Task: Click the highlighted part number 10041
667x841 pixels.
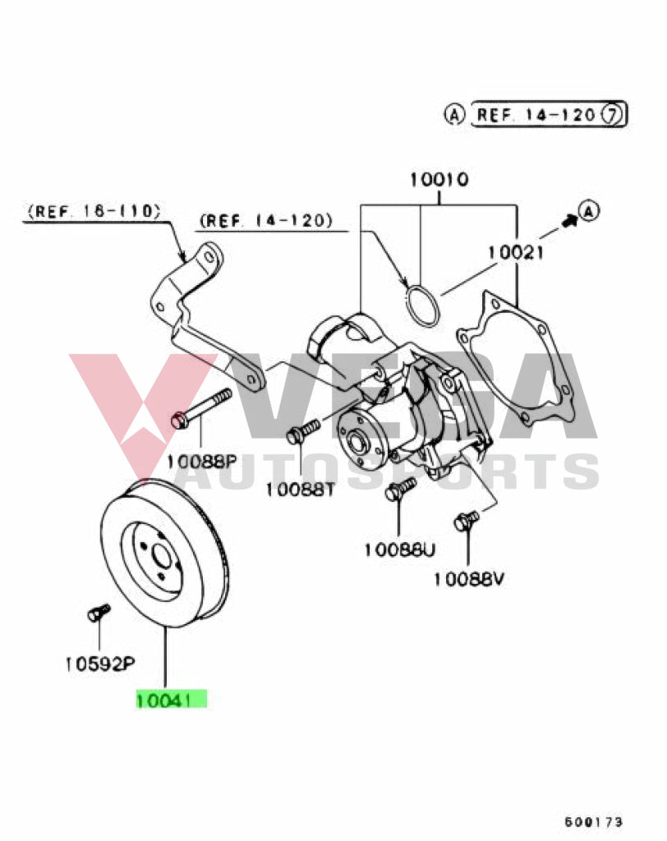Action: (171, 700)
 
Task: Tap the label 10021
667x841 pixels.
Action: (515, 253)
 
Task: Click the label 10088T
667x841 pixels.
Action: (300, 489)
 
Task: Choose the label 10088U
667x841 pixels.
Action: (399, 549)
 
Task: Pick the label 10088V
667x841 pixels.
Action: (468, 579)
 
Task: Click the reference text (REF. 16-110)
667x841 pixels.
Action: (93, 211)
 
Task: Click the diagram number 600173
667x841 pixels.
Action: (594, 820)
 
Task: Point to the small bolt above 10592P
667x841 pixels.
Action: (98, 613)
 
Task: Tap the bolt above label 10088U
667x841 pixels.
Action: (398, 490)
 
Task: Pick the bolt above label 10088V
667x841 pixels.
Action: (466, 520)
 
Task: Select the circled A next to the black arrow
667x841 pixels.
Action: (588, 211)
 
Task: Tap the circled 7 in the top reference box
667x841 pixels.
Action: (612, 114)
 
